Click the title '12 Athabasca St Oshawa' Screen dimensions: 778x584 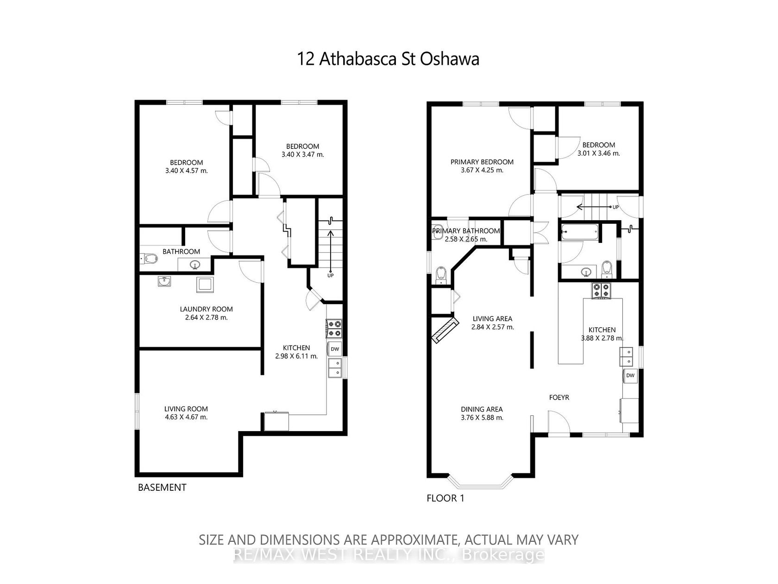click(x=388, y=59)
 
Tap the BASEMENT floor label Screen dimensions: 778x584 click(x=162, y=488)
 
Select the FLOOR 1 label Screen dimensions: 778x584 click(x=445, y=498)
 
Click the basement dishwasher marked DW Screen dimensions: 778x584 click(x=335, y=349)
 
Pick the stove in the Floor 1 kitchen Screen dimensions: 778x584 click(x=601, y=291)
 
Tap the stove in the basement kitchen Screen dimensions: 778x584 click(x=334, y=328)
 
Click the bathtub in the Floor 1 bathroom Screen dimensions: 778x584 click(x=579, y=233)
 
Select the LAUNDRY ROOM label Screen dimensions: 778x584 click(x=206, y=309)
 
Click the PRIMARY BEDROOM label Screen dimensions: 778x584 click(x=482, y=162)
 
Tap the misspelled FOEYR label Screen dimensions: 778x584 click(x=559, y=398)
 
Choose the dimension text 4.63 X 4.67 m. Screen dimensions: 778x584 click(x=186, y=417)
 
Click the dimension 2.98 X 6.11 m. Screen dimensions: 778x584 click(x=296, y=356)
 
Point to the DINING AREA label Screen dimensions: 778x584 click(x=482, y=409)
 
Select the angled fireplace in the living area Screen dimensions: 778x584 click(x=445, y=330)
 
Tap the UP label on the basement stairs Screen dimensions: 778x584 click(x=330, y=275)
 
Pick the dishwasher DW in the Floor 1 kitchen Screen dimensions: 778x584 click(x=630, y=375)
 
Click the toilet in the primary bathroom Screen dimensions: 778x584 click(x=441, y=275)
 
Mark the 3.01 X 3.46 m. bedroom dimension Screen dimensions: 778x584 click(x=599, y=153)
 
